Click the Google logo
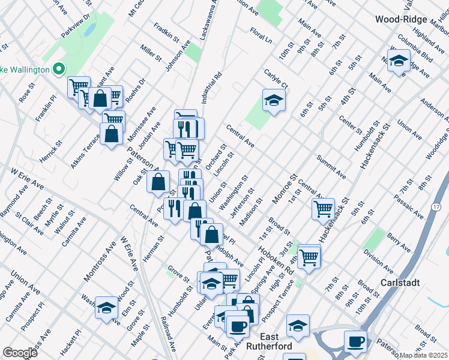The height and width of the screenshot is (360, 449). click(20, 353)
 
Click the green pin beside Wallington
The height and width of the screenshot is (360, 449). click(59, 70)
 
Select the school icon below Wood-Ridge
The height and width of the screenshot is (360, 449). click(399, 60)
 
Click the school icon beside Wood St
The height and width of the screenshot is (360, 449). click(106, 307)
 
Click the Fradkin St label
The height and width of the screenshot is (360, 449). click(166, 32)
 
